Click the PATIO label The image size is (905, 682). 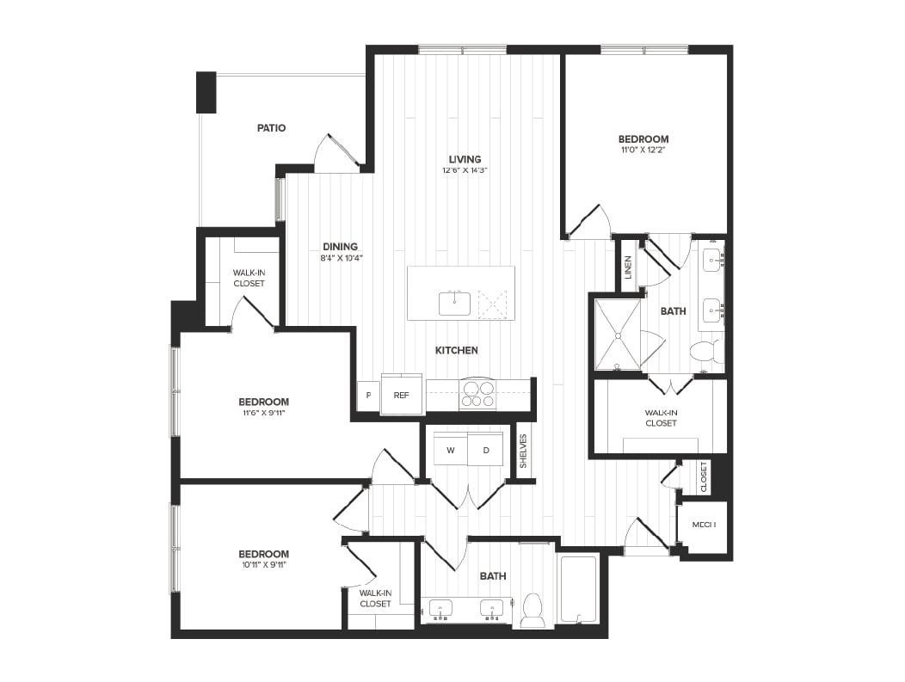click(271, 128)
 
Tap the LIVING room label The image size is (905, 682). click(465, 159)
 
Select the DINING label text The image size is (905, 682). click(340, 247)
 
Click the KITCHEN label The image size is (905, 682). click(456, 350)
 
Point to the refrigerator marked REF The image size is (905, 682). click(401, 396)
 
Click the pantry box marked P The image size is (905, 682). click(368, 396)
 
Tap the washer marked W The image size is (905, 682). click(449, 450)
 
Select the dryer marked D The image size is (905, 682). click(486, 450)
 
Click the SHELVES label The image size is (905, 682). click(523, 451)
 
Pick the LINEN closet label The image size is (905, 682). click(629, 267)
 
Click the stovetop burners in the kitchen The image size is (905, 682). click(478, 394)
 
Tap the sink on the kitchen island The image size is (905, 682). click(454, 304)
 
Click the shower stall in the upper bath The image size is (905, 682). click(618, 335)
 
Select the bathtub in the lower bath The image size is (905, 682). click(578, 589)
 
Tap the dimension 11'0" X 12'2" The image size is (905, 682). click(643, 150)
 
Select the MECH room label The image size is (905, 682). click(704, 525)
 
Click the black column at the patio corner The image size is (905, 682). click(206, 92)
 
